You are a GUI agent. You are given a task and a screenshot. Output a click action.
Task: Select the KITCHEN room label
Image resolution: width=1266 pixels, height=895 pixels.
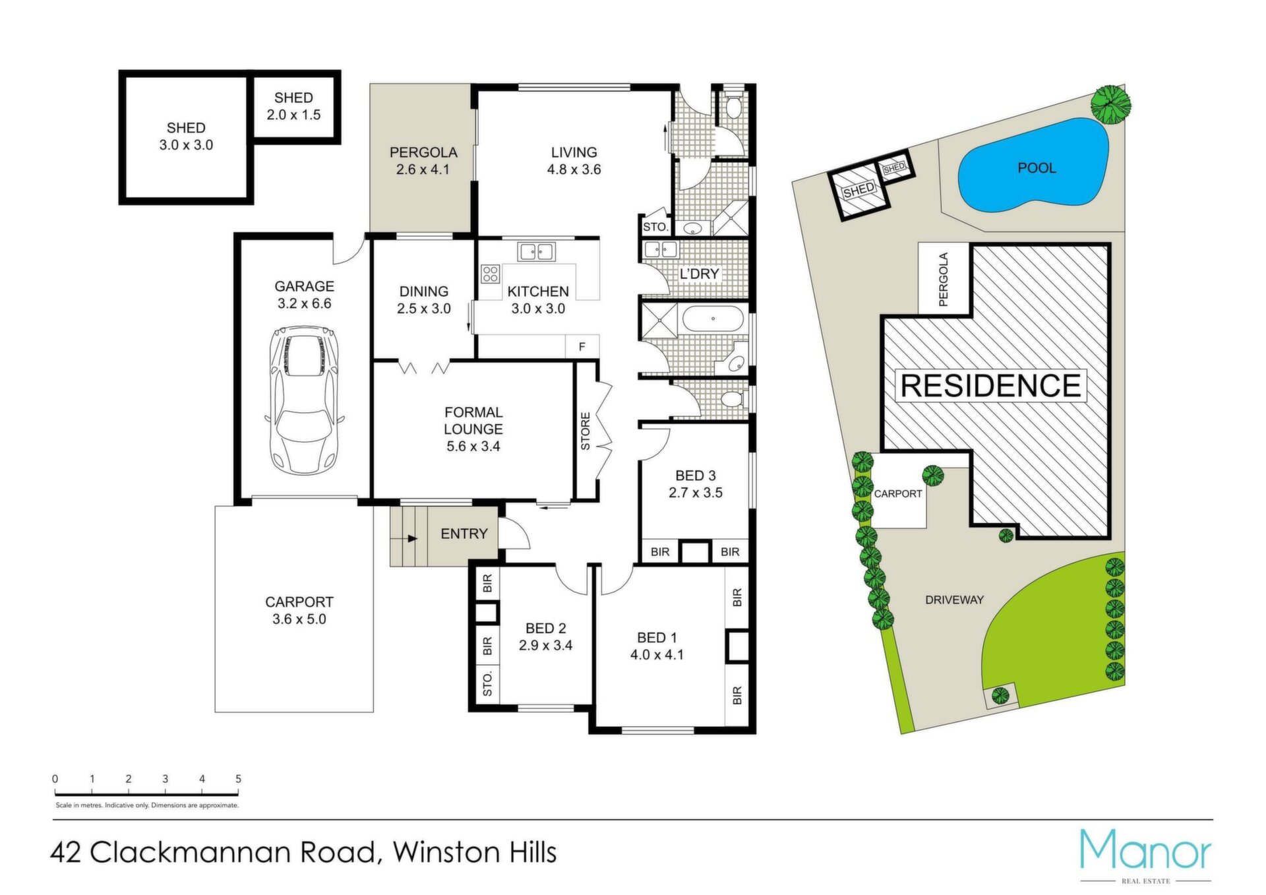(x=538, y=291)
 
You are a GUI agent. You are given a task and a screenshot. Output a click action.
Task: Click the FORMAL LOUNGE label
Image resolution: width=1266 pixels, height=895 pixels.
(x=473, y=420)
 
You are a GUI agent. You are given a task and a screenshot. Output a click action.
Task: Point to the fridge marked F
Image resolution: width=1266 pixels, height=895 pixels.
(x=582, y=346)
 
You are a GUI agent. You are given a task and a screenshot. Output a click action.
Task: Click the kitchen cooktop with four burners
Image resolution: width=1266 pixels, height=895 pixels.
(x=490, y=274)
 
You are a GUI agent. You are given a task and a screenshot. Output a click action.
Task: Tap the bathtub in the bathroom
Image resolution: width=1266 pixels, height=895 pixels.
(x=713, y=319)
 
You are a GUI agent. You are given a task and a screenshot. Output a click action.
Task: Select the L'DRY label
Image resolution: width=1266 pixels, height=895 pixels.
(x=699, y=274)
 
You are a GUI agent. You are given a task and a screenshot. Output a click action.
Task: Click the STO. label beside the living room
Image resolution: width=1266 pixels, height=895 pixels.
(x=655, y=227)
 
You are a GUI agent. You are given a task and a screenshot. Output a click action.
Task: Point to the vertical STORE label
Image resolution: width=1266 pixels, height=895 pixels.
(x=586, y=431)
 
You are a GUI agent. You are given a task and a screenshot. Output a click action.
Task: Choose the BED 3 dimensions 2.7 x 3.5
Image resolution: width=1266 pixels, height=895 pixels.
(x=696, y=493)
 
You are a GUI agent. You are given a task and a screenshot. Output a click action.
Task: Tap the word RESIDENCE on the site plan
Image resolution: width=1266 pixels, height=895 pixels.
(x=990, y=385)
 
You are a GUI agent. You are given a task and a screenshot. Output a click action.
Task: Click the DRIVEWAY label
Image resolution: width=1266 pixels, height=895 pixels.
(x=954, y=600)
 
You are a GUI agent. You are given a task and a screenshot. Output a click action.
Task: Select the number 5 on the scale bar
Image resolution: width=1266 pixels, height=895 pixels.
(x=238, y=779)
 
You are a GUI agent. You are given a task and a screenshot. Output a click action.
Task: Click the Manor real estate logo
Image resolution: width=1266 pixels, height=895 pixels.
(x=1146, y=855)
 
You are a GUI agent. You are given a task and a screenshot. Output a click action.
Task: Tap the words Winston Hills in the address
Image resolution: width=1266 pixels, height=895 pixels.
(x=475, y=852)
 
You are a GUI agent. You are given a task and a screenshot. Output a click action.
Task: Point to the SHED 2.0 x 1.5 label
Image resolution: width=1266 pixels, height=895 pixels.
(x=293, y=106)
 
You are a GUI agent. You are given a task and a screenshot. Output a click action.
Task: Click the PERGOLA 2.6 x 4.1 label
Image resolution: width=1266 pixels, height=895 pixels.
(x=423, y=161)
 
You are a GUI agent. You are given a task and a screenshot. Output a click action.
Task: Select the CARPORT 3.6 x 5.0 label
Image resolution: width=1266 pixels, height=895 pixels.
(x=299, y=611)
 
